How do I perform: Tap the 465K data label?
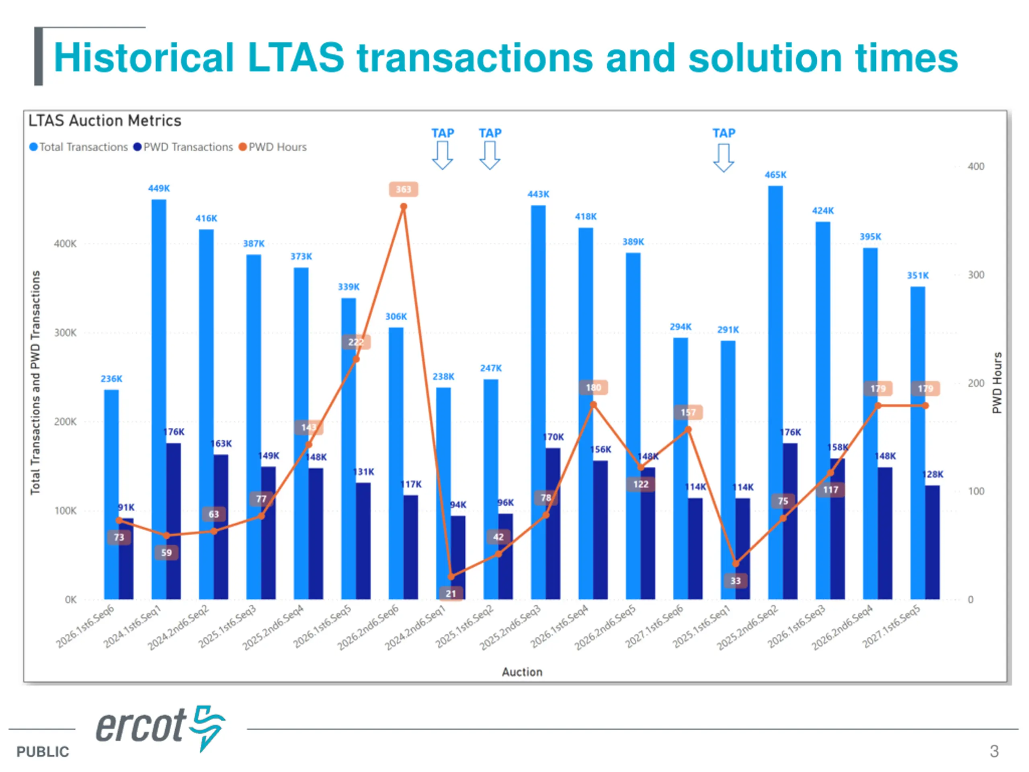click(775, 175)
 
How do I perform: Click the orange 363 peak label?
click(403, 189)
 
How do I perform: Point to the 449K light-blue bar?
click(159, 396)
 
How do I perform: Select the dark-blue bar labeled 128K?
click(932, 542)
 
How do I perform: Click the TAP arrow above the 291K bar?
click(724, 157)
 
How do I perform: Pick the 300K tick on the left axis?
click(65, 333)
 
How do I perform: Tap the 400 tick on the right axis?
click(976, 166)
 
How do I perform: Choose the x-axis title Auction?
click(522, 672)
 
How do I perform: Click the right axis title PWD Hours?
click(996, 382)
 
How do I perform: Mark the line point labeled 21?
click(451, 577)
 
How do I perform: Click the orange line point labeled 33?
click(736, 564)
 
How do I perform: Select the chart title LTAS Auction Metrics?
click(105, 121)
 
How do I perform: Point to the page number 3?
click(994, 751)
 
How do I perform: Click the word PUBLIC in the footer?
click(43, 751)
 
